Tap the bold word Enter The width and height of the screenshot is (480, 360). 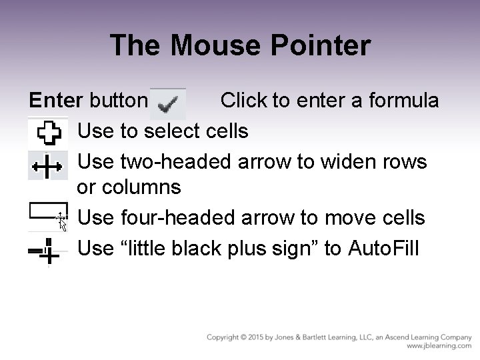pos(56,101)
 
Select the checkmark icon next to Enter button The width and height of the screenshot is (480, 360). pos(167,101)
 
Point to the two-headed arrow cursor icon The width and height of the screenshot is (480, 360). pos(48,163)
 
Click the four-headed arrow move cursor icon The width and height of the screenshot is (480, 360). pos(61,221)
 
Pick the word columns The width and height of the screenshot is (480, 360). pos(141,187)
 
